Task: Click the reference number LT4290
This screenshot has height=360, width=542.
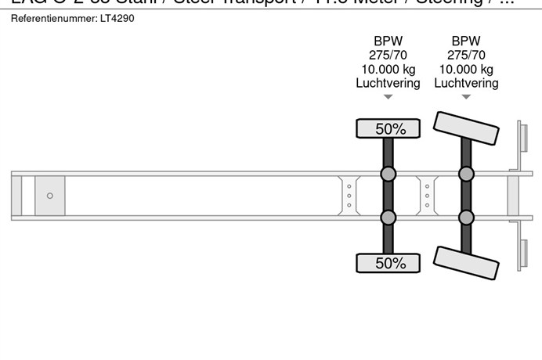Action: (117, 18)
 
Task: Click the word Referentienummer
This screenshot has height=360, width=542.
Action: (54, 18)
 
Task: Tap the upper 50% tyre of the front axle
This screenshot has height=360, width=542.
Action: (388, 129)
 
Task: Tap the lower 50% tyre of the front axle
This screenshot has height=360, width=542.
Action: (388, 264)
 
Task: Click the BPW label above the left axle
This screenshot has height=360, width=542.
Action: (388, 41)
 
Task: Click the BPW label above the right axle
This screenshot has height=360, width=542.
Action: (466, 41)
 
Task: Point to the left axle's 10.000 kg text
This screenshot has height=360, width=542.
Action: (388, 69)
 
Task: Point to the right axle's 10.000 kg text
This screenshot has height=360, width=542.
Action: (466, 69)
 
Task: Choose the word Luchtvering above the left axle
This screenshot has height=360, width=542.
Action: (388, 83)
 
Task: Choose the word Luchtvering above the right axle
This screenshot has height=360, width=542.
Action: (466, 83)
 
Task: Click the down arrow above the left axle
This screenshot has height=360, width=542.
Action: (388, 98)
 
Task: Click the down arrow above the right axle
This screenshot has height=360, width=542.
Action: (466, 98)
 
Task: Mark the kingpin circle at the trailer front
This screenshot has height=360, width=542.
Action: (50, 196)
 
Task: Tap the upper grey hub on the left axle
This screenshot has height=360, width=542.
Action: (388, 174)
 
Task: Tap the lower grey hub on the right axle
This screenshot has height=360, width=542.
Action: (466, 218)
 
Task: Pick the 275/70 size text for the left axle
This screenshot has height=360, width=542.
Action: (388, 55)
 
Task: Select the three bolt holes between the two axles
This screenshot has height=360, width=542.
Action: (428, 196)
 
